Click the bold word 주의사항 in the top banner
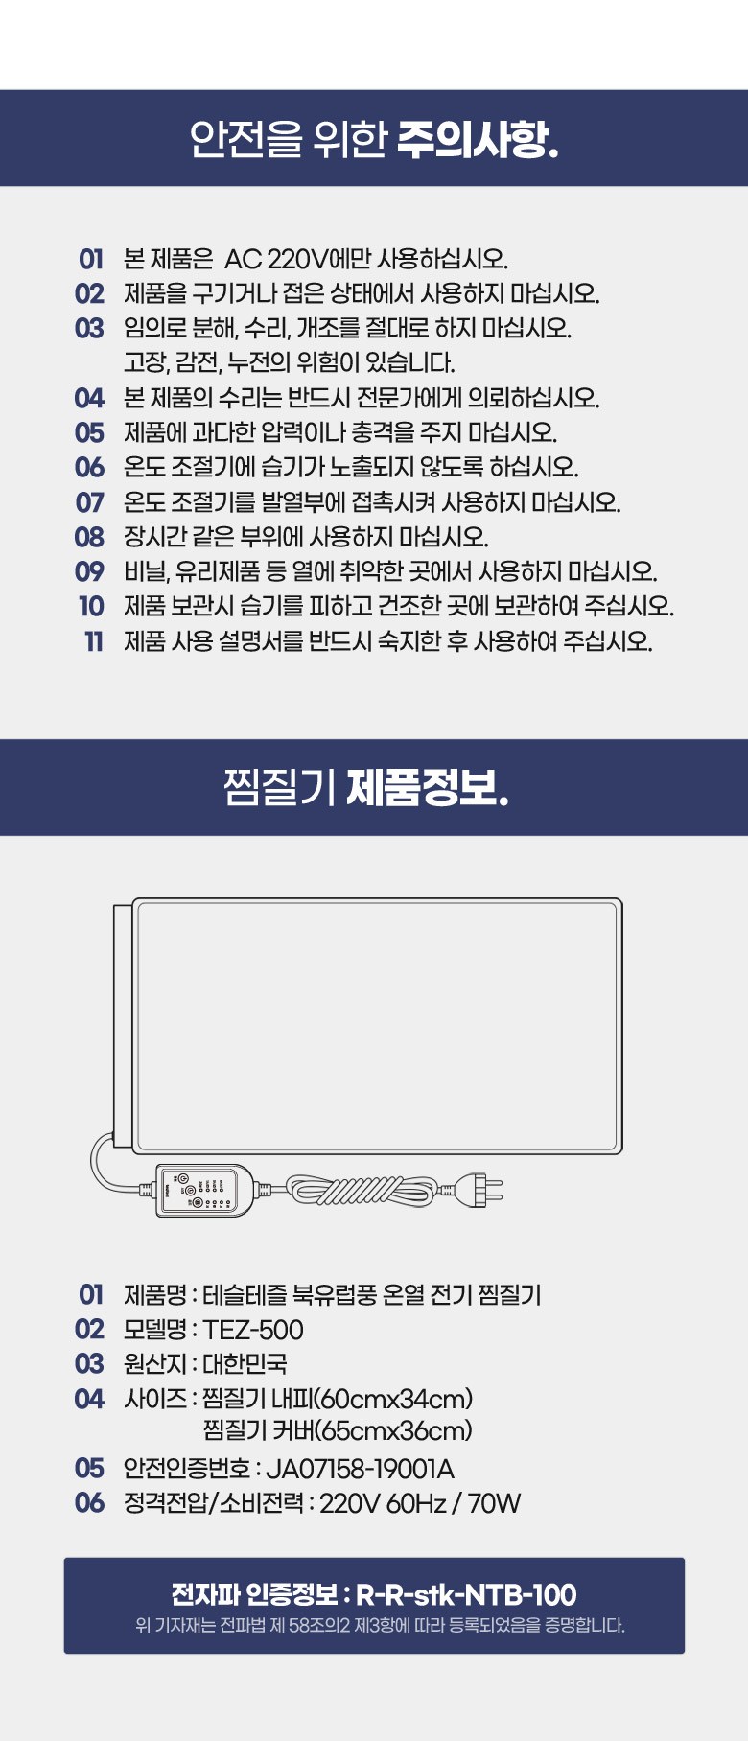(x=477, y=139)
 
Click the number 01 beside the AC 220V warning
(x=91, y=259)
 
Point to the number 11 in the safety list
(x=93, y=641)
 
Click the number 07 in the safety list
(x=89, y=502)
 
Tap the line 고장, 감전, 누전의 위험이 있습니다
(x=289, y=362)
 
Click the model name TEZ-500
(x=253, y=1330)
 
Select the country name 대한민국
(x=245, y=1363)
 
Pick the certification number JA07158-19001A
(x=360, y=1469)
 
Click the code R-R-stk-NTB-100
(x=466, y=1594)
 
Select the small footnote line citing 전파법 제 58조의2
(x=380, y=1625)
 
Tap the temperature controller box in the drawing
(x=202, y=1191)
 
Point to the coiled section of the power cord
(x=362, y=1191)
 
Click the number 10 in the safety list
(x=91, y=607)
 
